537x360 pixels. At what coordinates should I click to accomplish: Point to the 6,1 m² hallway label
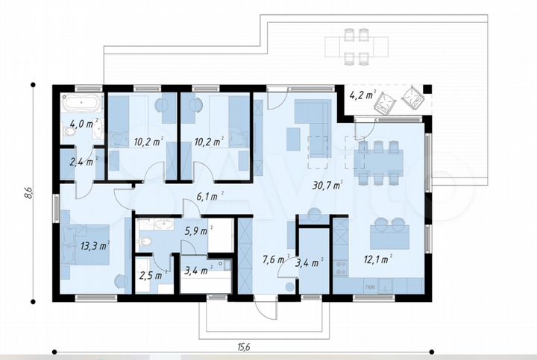[x=210, y=197]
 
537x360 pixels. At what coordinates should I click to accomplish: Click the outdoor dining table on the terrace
[x=354, y=45]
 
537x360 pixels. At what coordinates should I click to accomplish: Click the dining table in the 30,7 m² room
[x=379, y=162]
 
